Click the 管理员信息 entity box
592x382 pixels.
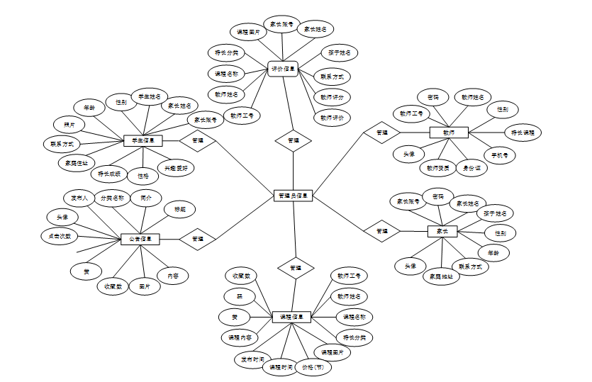293,195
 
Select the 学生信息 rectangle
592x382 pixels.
143,140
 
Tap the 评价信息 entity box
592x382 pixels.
283,69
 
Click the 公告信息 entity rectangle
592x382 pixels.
140,240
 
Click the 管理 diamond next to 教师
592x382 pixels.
382,133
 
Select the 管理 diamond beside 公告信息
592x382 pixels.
198,239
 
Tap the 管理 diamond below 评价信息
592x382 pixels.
293,141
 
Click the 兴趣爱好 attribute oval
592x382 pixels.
177,169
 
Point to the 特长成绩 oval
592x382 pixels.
109,173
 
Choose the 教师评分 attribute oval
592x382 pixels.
332,97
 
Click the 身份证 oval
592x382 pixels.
471,169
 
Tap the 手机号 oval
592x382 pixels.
500,154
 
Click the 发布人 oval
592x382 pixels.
76,198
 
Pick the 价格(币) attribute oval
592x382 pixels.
313,368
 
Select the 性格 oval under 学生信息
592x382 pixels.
144,176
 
